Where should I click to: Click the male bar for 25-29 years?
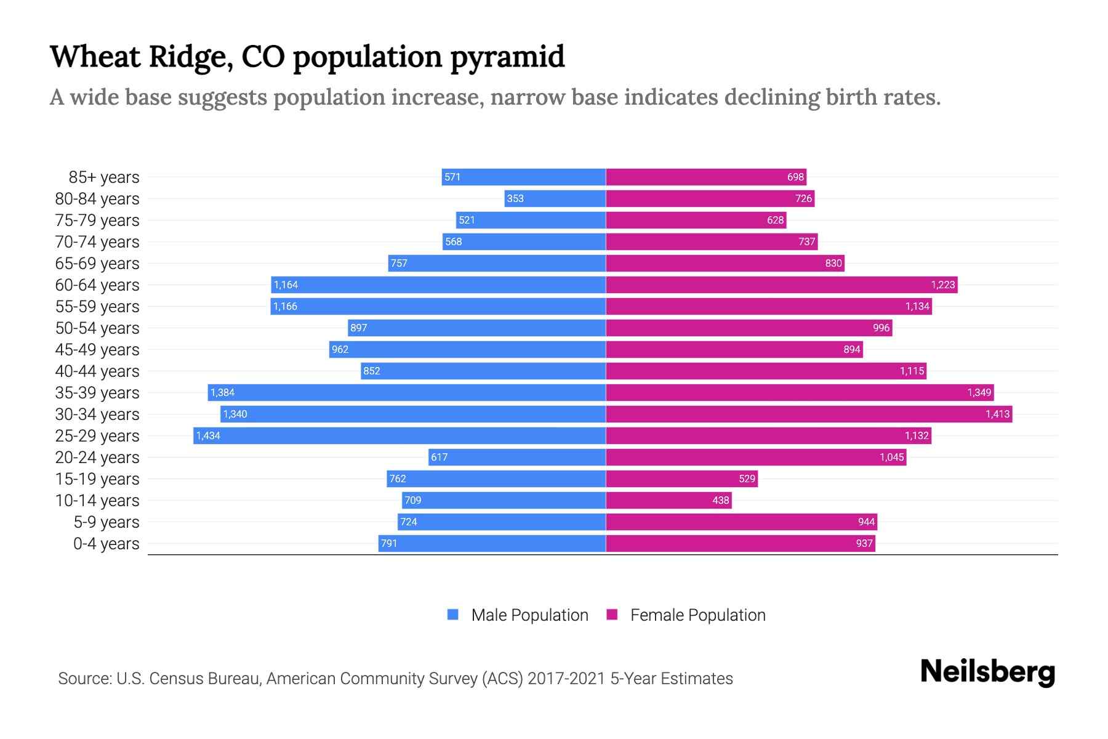(x=400, y=435)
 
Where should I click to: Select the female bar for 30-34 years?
(x=809, y=414)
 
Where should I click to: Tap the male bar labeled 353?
(x=555, y=198)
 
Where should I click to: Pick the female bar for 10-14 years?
(x=668, y=500)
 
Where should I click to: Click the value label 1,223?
(x=942, y=285)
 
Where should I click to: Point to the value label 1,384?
(x=222, y=392)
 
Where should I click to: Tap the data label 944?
(x=866, y=522)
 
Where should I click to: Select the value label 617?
(x=439, y=457)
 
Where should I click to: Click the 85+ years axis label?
(x=104, y=177)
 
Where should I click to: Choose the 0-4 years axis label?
(x=106, y=544)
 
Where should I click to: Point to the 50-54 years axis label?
(x=97, y=328)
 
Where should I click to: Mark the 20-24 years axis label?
(x=97, y=458)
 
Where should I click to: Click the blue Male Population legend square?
(x=453, y=615)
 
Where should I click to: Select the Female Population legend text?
(x=697, y=615)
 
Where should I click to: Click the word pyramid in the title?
(x=507, y=57)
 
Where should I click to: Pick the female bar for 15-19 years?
(x=681, y=479)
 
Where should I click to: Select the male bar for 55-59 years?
(x=438, y=306)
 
